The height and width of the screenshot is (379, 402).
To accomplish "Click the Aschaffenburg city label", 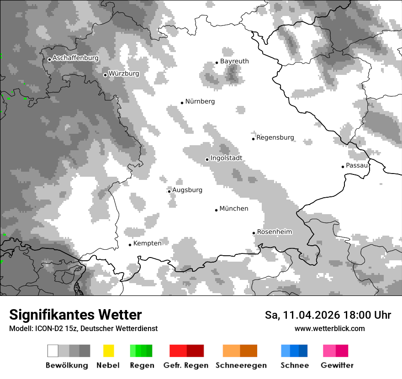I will pyautogui.click(x=75, y=58).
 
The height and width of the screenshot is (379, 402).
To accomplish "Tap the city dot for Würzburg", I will pyautogui.click(x=105, y=75).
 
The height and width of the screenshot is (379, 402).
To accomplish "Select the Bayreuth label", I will pyautogui.click(x=234, y=61).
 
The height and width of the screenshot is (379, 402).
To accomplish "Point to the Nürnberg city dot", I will pyautogui.click(x=182, y=103).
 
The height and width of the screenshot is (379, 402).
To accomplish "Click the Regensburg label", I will pyautogui.click(x=275, y=137).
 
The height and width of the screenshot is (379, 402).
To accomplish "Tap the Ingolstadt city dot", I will pyautogui.click(x=207, y=159).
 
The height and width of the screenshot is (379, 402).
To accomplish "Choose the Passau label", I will pyautogui.click(x=357, y=165).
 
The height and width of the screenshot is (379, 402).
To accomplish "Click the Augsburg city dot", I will pyautogui.click(x=169, y=191).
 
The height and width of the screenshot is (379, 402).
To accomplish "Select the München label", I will pyautogui.click(x=234, y=209).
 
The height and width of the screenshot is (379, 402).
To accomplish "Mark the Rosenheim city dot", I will pyautogui.click(x=254, y=233).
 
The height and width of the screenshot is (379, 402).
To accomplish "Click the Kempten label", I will pyautogui.click(x=147, y=243).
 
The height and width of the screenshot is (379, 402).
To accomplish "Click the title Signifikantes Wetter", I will pyautogui.click(x=75, y=315).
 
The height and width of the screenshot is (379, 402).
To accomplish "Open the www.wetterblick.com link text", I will pyautogui.click(x=329, y=329).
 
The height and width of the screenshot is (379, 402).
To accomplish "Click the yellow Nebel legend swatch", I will pyautogui.click(x=108, y=351).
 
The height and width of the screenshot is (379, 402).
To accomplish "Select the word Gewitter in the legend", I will pyautogui.click(x=337, y=365).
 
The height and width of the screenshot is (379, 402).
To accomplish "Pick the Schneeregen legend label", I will pyautogui.click(x=241, y=365).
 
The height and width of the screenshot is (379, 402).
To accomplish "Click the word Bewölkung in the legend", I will pyautogui.click(x=67, y=365).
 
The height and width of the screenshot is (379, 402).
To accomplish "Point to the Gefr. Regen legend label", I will pyautogui.click(x=185, y=365).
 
